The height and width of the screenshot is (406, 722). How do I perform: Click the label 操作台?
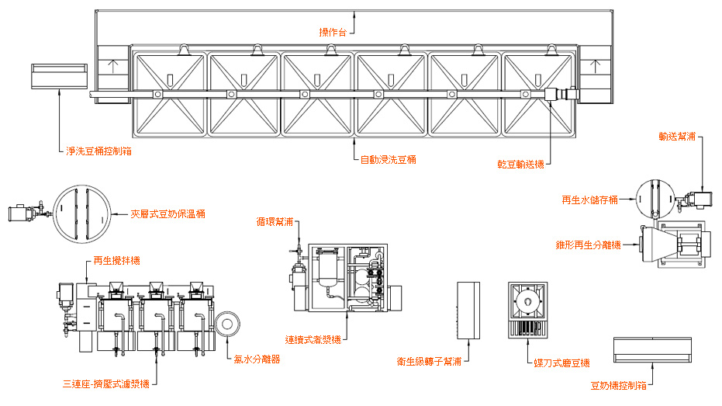coord(332,33)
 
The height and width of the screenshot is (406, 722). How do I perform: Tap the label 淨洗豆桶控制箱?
coord(98,151)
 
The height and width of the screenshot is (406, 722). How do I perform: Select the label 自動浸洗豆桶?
coord(389,160)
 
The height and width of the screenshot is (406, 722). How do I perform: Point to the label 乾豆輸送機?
coord(521,165)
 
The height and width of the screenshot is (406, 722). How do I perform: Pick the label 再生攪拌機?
coord(116,260)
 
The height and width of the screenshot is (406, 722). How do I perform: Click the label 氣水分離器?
coord(257,359)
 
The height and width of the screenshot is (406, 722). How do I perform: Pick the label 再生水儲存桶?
coord(589,200)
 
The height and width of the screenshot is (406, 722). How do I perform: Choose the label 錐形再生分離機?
coord(588,245)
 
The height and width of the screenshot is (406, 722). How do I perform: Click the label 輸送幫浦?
coord(677,137)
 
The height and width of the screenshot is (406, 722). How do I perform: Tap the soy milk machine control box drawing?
coord(652,350)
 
